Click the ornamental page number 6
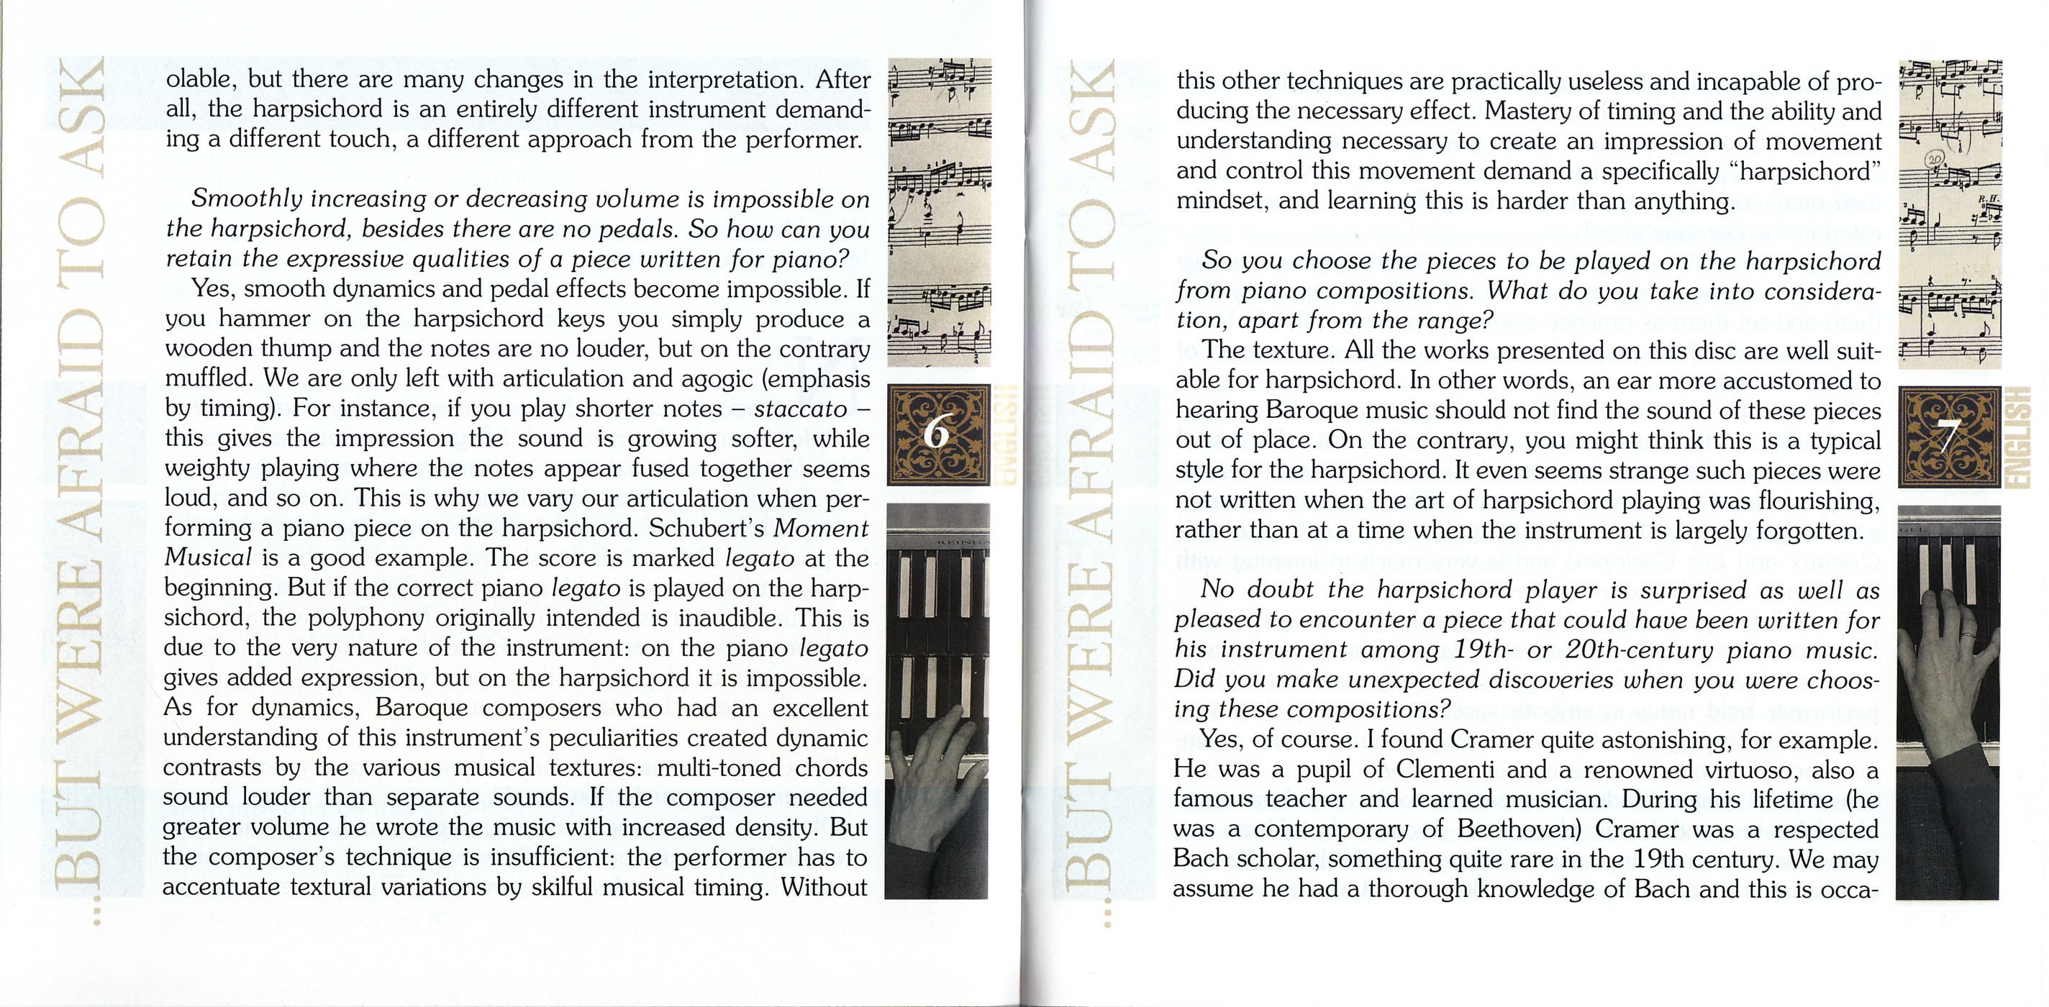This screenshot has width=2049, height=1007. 937,434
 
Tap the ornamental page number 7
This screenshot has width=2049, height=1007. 1948,437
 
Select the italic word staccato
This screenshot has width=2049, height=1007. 800,409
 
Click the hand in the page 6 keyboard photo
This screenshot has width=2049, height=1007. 932,760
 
